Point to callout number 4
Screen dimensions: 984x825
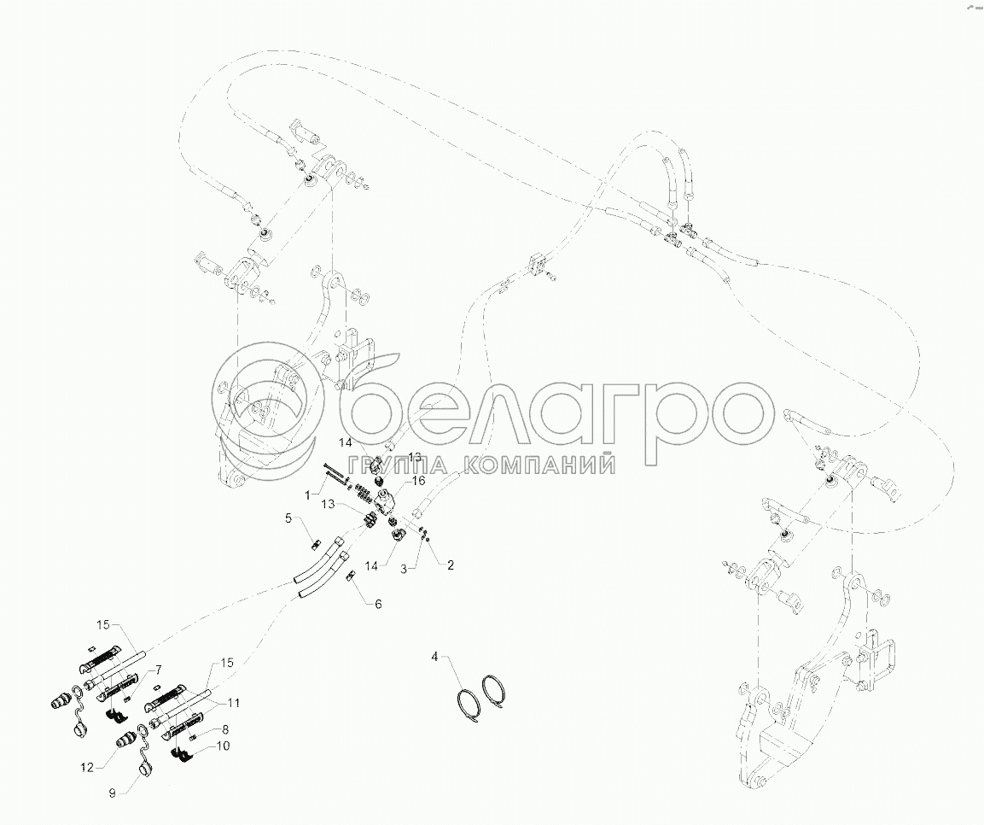coord(434,657)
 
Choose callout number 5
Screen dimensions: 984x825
coord(288,518)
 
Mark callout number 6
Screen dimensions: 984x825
coord(378,604)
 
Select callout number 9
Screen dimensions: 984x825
coord(112,792)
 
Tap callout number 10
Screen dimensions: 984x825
coord(224,746)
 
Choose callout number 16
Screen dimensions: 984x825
coord(418,482)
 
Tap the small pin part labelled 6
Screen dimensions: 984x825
coord(350,578)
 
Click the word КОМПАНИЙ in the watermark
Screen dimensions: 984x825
coord(539,465)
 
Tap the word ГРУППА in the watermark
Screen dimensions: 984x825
coord(402,465)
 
